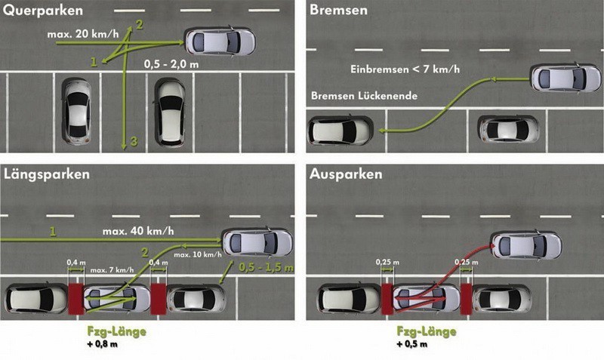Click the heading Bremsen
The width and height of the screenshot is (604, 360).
[338, 11]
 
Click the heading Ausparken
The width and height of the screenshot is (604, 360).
[345, 174]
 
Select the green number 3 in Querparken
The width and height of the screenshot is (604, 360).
[134, 142]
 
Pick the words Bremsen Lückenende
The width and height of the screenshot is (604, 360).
[364, 97]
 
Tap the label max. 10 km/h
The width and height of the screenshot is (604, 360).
[194, 254]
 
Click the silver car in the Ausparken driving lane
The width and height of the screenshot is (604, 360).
[527, 245]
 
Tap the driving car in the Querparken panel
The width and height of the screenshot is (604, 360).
[220, 41]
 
